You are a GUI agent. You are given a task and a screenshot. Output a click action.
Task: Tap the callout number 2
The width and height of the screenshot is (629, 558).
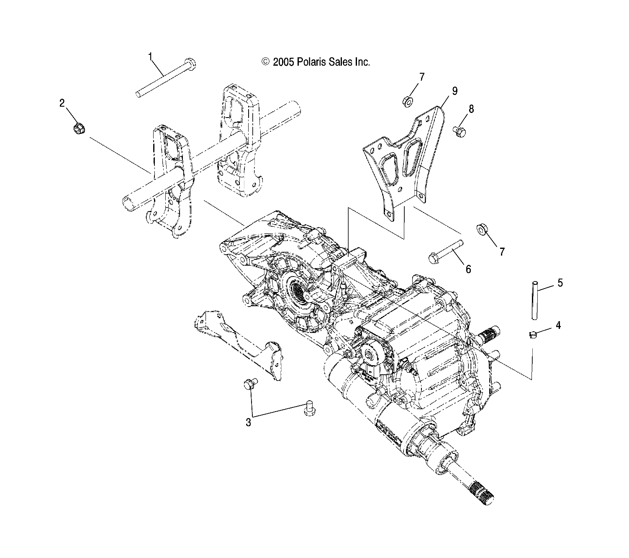click(62, 103)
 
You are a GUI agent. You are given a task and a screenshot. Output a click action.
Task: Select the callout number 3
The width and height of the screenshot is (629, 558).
click(249, 422)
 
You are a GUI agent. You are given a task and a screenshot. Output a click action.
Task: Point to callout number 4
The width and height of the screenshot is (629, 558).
click(558, 325)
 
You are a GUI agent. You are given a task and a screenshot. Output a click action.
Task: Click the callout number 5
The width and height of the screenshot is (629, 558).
click(560, 283)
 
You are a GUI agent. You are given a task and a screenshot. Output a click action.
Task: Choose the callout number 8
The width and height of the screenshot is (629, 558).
click(471, 109)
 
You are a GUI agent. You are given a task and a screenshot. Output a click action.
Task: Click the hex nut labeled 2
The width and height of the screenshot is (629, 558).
click(78, 129)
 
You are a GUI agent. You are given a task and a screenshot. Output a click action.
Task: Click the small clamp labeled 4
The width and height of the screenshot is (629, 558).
click(532, 334)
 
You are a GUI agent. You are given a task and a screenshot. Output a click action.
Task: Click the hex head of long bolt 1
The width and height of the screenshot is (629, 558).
click(191, 64)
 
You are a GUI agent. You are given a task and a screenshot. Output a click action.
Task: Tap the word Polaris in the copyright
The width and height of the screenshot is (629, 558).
click(311, 62)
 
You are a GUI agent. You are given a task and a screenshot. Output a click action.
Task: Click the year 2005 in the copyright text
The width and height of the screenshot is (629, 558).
click(284, 62)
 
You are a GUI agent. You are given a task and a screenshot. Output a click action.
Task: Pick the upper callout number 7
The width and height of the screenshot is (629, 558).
click(421, 77)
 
